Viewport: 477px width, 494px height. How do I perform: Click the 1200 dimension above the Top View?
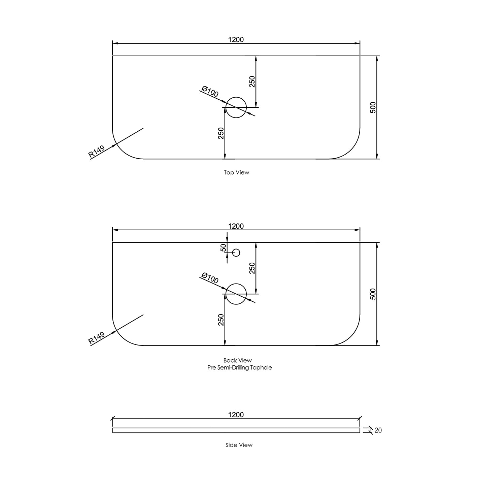tap(236, 40)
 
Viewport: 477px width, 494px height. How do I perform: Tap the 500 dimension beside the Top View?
tap(373, 107)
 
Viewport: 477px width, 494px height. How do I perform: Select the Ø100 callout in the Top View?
tap(210, 92)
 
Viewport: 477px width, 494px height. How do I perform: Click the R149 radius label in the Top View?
tap(96, 152)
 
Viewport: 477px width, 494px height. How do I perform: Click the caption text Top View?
tap(236, 172)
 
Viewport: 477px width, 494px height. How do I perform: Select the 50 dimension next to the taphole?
tap(223, 248)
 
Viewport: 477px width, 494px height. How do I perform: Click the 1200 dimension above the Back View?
tap(236, 226)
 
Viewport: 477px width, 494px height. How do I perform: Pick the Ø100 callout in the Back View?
tap(210, 278)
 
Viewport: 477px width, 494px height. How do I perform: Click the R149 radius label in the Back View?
tap(96, 338)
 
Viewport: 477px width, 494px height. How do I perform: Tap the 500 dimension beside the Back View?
tap(373, 294)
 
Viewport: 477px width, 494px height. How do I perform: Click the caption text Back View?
tap(237, 360)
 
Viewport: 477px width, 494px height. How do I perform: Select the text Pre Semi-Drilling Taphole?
tap(240, 367)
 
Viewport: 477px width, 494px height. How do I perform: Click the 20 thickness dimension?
tap(378, 430)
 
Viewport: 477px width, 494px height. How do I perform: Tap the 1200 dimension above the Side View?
tap(236, 415)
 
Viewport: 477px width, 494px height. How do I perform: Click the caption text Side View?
tap(239, 445)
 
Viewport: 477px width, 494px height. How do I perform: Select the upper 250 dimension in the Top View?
tap(252, 81)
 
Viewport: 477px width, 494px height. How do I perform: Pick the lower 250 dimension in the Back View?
tap(221, 320)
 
